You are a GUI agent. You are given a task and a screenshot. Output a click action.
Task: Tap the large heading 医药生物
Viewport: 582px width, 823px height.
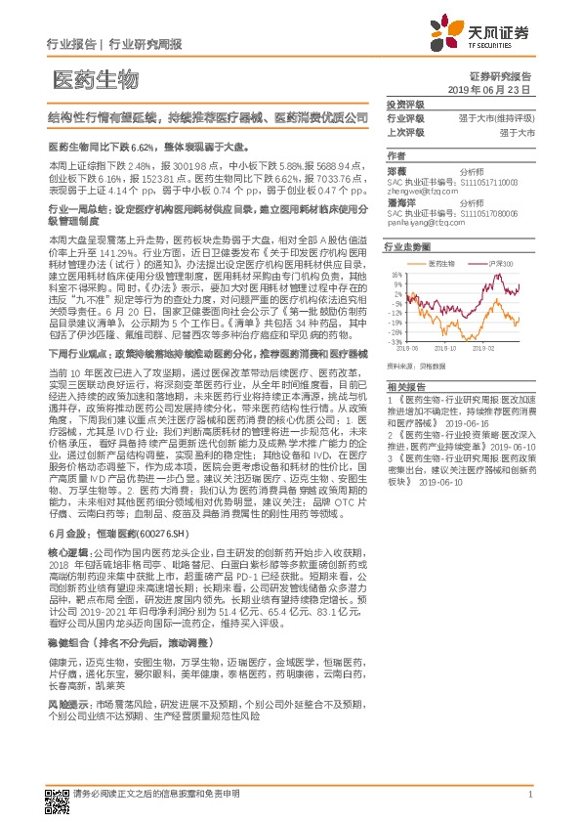[95, 79]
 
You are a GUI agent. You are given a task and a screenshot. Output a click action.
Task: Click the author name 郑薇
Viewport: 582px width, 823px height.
[395, 169]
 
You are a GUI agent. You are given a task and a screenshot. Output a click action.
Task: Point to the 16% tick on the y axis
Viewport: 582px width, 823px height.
[398, 274]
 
